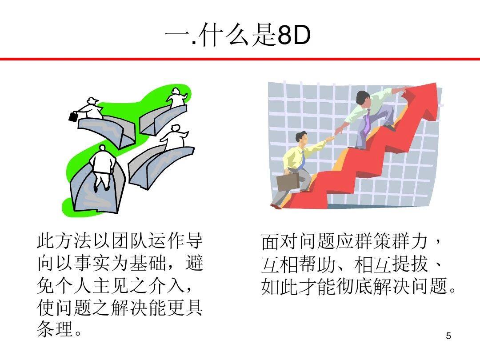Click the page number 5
448,336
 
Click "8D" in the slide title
294,36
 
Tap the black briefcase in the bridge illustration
73,116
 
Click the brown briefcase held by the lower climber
288,182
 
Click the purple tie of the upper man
367,121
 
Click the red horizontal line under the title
240,59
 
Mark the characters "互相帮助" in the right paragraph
298,264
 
